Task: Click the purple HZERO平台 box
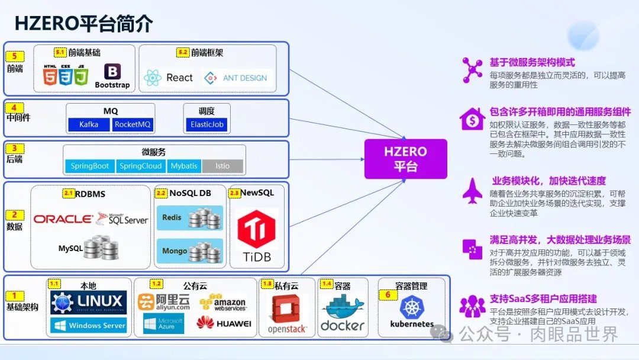[405, 159]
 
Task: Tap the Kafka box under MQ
[89, 125]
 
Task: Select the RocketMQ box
[133, 125]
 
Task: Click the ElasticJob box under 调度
[205, 125]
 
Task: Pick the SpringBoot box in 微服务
[89, 166]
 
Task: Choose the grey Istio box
[222, 166]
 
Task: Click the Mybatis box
[184, 166]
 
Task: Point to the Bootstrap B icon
[112, 71]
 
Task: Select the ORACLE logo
[63, 219]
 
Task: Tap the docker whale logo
[343, 308]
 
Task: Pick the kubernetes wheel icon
[412, 307]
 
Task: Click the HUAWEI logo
[224, 323]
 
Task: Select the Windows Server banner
[89, 325]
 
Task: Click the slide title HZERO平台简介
[83, 23]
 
